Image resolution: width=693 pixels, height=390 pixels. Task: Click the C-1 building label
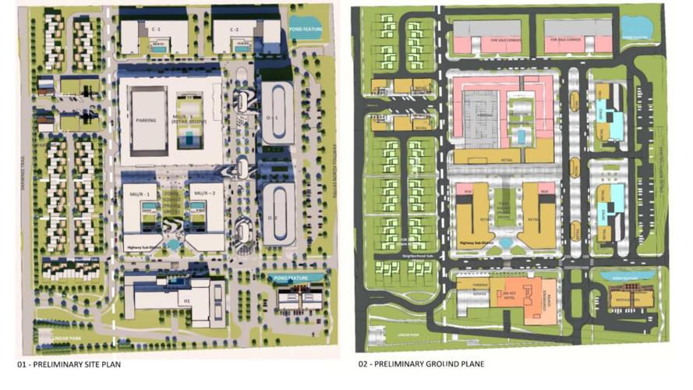click(157, 29)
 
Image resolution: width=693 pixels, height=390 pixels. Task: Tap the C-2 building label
click(234, 29)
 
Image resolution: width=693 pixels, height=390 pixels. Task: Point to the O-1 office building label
click(272, 117)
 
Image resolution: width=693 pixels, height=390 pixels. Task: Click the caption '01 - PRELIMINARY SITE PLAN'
click(69, 364)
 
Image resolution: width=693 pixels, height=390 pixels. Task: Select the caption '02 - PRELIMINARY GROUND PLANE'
click(422, 364)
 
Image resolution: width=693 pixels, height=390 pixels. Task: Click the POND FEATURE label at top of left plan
click(303, 30)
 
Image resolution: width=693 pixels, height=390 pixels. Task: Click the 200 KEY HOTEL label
click(511, 290)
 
